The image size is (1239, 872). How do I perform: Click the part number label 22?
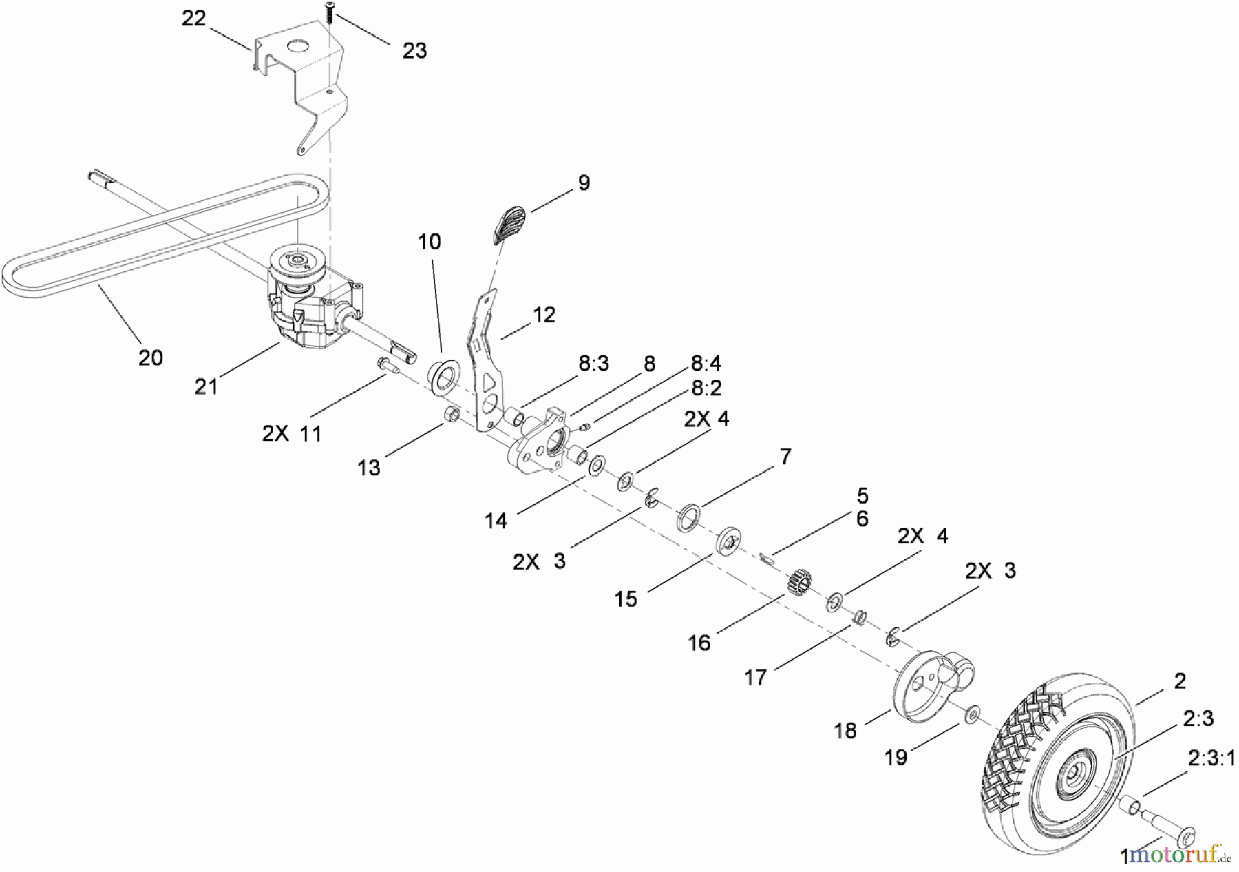[193, 19]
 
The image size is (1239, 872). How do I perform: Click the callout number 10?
[429, 242]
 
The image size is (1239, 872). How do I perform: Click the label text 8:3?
[593, 364]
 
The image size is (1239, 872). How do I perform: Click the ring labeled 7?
[690, 517]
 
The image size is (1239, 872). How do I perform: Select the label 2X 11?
[292, 434]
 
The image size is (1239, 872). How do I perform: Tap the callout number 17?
[755, 678]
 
